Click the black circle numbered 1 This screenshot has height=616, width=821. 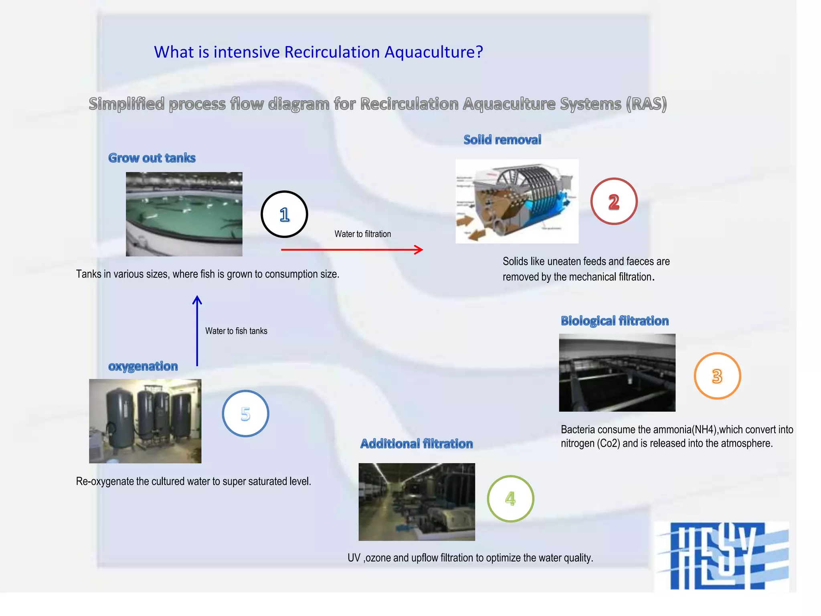pyautogui.click(x=284, y=214)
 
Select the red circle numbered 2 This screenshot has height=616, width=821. pyautogui.click(x=614, y=201)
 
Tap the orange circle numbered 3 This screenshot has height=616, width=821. pyautogui.click(x=717, y=376)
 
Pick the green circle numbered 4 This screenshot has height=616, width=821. pyautogui.click(x=510, y=498)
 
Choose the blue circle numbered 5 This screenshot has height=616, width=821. pyautogui.click(x=245, y=413)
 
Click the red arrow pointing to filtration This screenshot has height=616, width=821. pyautogui.click(x=352, y=249)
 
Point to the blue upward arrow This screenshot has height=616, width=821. pyautogui.click(x=197, y=331)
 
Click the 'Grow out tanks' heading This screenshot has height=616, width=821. pyautogui.click(x=152, y=158)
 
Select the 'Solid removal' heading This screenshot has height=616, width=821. pyautogui.click(x=502, y=140)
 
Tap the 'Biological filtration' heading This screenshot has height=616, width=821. pyautogui.click(x=615, y=321)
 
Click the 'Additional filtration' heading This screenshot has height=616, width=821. pyautogui.click(x=417, y=444)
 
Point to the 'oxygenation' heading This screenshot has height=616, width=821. pyautogui.click(x=143, y=366)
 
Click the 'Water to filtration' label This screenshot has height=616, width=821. pyautogui.click(x=362, y=234)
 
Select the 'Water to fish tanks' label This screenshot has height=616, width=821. pyautogui.click(x=236, y=331)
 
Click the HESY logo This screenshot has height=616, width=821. pyautogui.click(x=722, y=556)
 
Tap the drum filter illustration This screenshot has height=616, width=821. pyautogui.click(x=517, y=201)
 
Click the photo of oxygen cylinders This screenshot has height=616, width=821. pyautogui.click(x=145, y=421)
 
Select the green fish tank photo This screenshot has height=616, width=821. pyautogui.click(x=184, y=214)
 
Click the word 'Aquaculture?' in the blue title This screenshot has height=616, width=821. pyautogui.click(x=433, y=52)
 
